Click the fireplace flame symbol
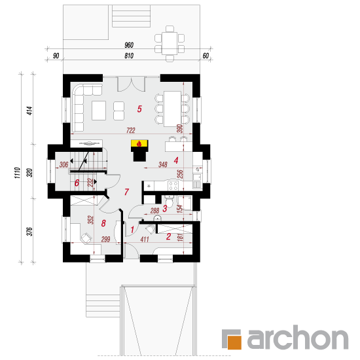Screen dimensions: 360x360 coord(139,144)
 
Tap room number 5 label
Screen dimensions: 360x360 coord(139,109)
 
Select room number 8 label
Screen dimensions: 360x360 coord(103,223)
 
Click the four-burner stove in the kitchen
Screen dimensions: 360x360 coord(173,185)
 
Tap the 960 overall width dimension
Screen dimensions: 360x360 coord(129,45)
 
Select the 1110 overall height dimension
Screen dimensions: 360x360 coord(18,173)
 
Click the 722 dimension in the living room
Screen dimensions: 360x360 coord(131,130)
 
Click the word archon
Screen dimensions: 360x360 coord(298,338)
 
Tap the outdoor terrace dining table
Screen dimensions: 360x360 coord(170,43)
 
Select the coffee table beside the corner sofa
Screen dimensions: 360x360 coord(99,111)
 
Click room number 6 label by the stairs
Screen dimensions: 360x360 coord(77,183)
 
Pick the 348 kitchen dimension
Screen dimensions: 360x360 coord(163,164)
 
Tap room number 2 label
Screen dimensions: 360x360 coord(168,236)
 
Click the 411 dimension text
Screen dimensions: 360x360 coord(145,239)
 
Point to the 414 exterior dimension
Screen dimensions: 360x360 coord(30,111)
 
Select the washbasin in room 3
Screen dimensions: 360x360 coord(157,218)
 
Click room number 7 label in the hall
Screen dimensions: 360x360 coord(126,192)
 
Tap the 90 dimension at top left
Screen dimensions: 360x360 coord(56,56)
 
